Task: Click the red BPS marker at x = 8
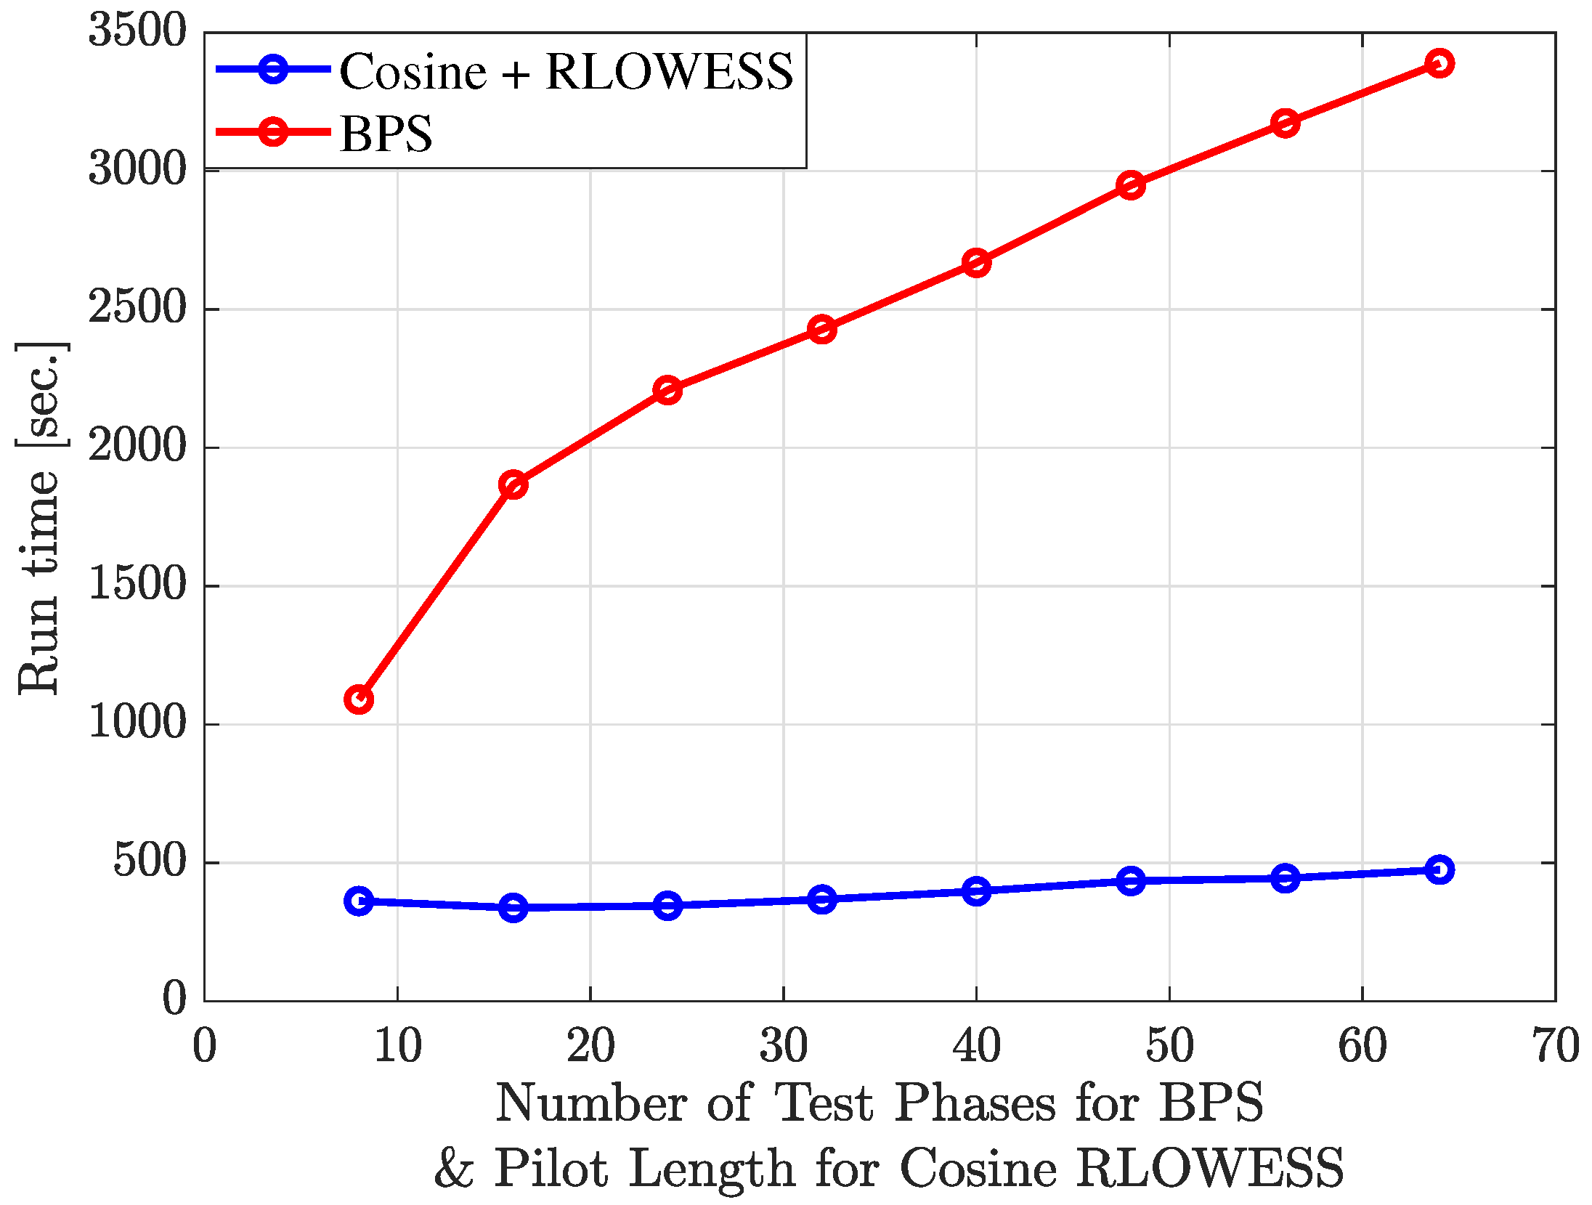click(359, 699)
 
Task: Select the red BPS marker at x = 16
click(513, 484)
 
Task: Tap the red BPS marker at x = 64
click(1439, 63)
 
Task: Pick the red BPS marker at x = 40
click(976, 262)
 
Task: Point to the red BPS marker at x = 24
click(667, 391)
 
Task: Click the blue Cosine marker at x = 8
click(359, 901)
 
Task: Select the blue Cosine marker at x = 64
click(1439, 869)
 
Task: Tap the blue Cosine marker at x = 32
click(821, 899)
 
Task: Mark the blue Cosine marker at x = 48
click(1131, 881)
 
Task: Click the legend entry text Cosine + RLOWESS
click(566, 72)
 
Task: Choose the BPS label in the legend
click(386, 134)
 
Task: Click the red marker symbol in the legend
click(273, 131)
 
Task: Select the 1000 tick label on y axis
click(137, 723)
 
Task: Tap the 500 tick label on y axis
click(150, 861)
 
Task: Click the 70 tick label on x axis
click(1556, 1047)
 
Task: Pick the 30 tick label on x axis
click(784, 1047)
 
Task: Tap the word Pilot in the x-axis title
click(551, 1169)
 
